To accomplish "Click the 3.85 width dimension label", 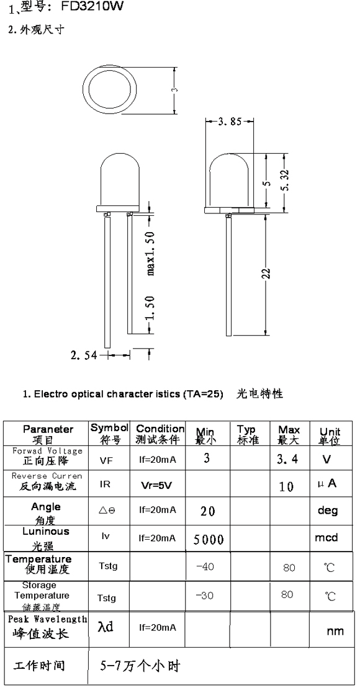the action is (x=230, y=122).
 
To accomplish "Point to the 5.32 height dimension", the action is (x=286, y=180).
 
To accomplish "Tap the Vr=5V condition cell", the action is (x=156, y=485).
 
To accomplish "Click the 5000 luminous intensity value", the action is (x=209, y=539).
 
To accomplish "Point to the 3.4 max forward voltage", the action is (x=287, y=460).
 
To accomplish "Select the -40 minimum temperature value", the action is (x=205, y=566).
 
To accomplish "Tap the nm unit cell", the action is (x=335, y=632).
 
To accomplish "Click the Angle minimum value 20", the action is (x=208, y=511).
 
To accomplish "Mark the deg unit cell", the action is (x=328, y=511).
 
